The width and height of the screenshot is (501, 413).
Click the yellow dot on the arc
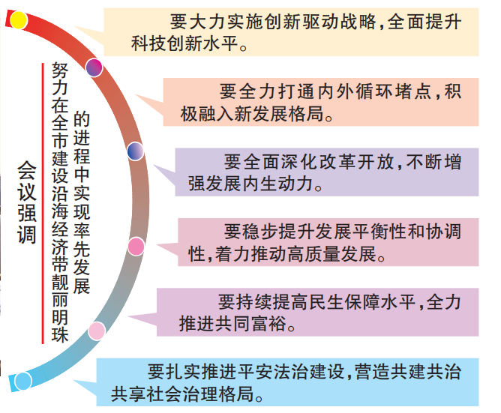point(19,20)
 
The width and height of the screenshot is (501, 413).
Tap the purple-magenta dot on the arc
point(94,67)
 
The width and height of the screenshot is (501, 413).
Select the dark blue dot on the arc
point(136,151)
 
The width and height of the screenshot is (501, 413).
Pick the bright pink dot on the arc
point(136,247)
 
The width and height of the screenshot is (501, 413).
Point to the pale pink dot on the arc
point(97,331)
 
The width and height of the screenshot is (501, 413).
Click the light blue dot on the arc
point(23,381)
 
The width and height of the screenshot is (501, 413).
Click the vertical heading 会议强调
point(27,202)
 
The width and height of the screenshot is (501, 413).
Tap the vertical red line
point(43,203)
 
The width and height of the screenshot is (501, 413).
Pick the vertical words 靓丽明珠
point(60,308)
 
